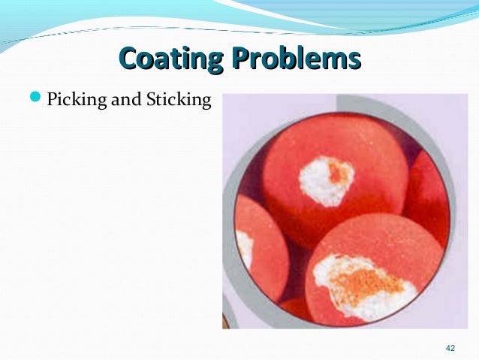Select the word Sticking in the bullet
[180, 99]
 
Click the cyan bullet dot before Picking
[40, 98]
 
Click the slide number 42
[450, 347]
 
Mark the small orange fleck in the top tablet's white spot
[339, 173]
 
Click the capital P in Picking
[52, 99]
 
